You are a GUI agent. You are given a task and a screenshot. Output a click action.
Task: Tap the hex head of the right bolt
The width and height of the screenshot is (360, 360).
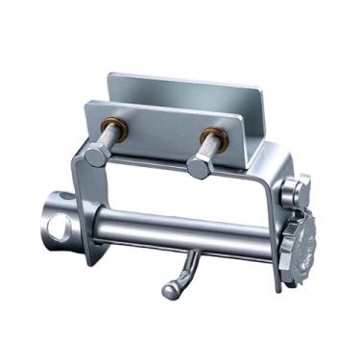(200, 167)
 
